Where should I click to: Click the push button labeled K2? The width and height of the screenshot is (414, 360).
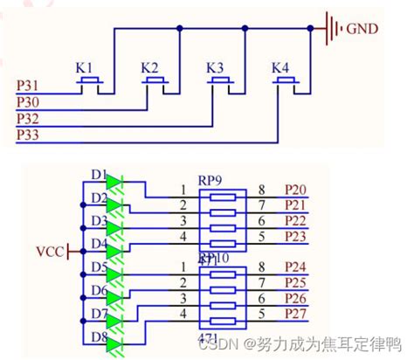tap(155, 84)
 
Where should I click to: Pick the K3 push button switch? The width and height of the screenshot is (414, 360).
tap(220, 84)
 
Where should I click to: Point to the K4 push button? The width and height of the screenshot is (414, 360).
tap(285, 84)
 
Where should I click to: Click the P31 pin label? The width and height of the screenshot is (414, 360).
tap(28, 85)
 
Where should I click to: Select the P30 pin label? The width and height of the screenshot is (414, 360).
tap(28, 100)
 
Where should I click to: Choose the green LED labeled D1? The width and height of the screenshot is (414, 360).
tap(114, 183)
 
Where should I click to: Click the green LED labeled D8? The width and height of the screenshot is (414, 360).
tap(114, 344)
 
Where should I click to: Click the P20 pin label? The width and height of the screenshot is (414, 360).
tap(295, 189)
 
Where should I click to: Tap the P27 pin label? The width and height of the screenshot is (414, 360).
tap(295, 312)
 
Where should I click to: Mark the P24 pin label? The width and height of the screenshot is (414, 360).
tap(295, 266)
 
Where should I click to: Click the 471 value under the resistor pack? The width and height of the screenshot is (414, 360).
tap(210, 336)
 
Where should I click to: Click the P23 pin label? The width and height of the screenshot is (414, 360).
tap(295, 236)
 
